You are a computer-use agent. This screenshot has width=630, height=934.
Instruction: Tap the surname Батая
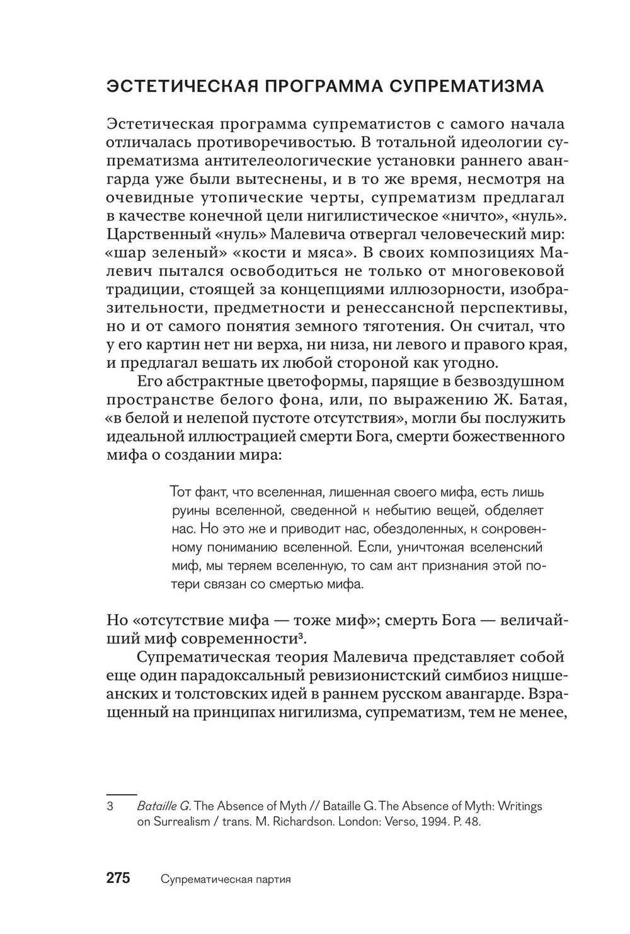tap(541, 400)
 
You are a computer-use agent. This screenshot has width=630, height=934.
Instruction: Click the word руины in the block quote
tap(190, 510)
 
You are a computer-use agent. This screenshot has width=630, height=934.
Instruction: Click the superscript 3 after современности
tap(302, 636)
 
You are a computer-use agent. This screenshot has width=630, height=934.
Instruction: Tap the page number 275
tap(118, 878)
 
